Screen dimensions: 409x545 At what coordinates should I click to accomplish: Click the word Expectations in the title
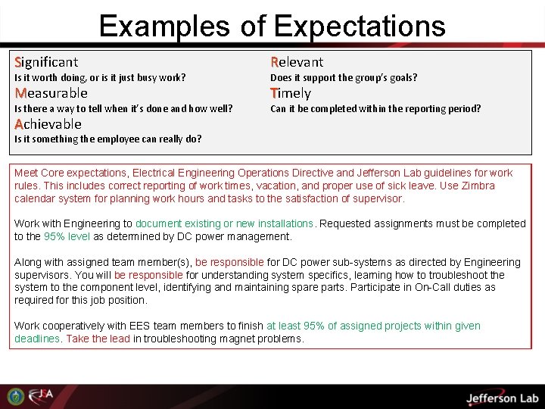coord(360,27)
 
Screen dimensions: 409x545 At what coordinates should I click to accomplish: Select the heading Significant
coord(46,61)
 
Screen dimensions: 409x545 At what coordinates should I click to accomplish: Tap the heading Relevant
coord(297,61)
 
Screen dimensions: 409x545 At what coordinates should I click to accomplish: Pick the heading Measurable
coord(51,92)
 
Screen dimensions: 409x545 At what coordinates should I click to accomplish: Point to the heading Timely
coord(291,92)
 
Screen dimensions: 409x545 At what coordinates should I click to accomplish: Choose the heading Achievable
coord(48,123)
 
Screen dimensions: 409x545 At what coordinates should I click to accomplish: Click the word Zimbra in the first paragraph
coord(478,186)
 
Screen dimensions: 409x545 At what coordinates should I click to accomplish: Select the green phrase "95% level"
coord(67,236)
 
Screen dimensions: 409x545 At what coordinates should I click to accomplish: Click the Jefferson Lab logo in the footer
coord(501,398)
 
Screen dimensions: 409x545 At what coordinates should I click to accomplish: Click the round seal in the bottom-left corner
coord(15,396)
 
